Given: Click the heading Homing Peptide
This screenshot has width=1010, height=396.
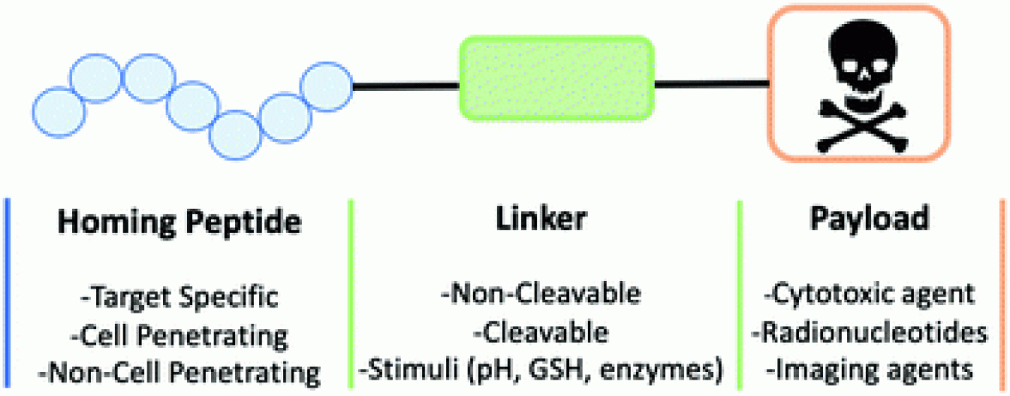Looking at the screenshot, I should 179,222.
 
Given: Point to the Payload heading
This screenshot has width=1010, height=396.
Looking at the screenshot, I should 868,221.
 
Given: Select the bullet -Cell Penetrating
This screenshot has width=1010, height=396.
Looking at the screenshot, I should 179,335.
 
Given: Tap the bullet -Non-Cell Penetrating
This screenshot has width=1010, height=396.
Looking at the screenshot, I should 179,373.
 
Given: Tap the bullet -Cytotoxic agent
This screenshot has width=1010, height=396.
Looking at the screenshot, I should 868,296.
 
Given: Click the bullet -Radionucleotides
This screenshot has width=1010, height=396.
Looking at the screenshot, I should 868,334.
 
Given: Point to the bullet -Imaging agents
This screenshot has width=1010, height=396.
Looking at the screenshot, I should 868,372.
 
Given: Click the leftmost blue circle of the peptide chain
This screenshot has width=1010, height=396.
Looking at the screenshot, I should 59,111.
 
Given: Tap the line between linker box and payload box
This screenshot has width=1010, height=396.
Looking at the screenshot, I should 711,84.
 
